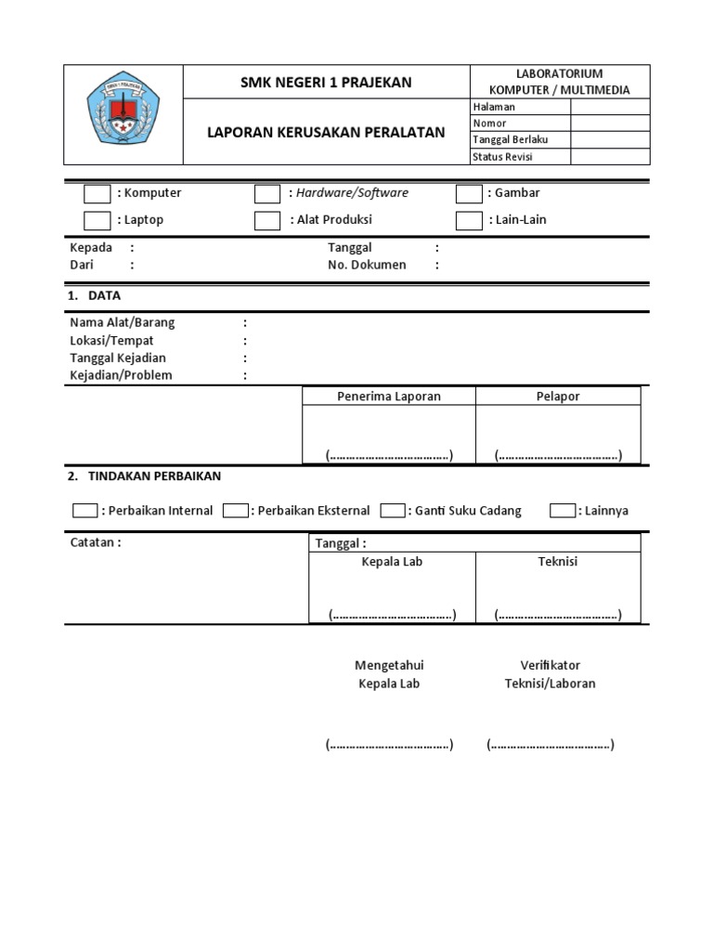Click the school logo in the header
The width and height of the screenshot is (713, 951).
[123, 115]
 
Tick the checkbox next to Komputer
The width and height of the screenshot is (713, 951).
[97, 194]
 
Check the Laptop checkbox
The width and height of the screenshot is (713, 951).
[97, 221]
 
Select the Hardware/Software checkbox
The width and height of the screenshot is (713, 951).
[267, 194]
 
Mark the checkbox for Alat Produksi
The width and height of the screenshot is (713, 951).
[267, 221]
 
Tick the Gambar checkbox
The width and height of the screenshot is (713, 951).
[470, 194]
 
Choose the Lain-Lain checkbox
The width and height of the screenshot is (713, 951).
[470, 221]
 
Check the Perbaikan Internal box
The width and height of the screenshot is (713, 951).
[84, 511]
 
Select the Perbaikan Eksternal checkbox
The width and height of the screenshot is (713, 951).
[236, 511]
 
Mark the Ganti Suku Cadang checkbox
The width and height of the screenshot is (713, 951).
[393, 511]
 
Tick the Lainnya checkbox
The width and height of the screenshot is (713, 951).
[563, 511]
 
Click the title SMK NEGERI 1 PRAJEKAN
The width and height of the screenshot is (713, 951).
[326, 83]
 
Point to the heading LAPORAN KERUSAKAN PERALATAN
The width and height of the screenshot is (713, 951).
[326, 133]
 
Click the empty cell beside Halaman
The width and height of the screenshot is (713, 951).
[610, 107]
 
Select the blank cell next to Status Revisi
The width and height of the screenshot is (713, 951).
[610, 157]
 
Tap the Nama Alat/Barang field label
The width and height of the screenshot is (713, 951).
[122, 322]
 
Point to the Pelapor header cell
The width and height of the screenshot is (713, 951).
[557, 397]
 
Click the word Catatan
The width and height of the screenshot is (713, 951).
[95, 542]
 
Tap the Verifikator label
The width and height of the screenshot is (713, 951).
[550, 665]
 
